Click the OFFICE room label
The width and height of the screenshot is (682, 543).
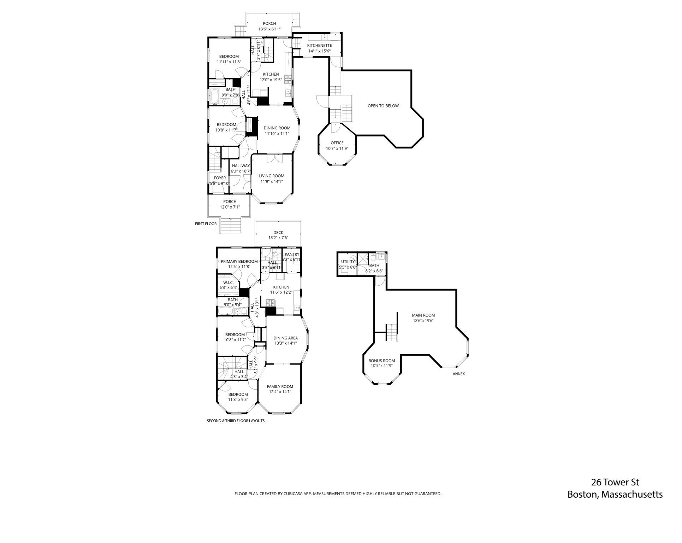tap(337, 143)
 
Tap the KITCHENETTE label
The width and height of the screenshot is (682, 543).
tap(319, 46)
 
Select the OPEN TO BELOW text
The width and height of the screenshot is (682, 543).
tap(383, 106)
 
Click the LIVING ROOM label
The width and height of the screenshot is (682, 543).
tap(271, 176)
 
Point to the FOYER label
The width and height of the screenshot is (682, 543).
tap(220, 178)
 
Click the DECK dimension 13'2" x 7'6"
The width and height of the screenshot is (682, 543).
tap(278, 238)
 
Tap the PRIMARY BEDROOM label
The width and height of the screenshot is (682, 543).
tap(239, 262)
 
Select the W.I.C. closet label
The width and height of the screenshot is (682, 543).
tap(228, 282)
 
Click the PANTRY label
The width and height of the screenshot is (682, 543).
tap(292, 254)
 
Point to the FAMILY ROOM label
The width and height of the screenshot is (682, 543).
tap(280, 386)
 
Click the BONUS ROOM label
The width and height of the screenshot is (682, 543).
tap(381, 361)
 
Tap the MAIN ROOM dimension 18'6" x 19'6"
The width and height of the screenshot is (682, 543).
tap(423, 321)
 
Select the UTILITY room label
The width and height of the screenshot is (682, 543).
tap(348, 262)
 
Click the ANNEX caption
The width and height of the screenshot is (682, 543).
tap(458, 374)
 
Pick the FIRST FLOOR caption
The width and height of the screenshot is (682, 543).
tap(206, 224)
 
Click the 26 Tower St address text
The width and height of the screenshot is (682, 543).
tap(615, 482)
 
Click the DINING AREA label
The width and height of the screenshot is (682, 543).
tap(285, 338)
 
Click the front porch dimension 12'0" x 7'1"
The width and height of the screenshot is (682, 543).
tap(230, 207)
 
